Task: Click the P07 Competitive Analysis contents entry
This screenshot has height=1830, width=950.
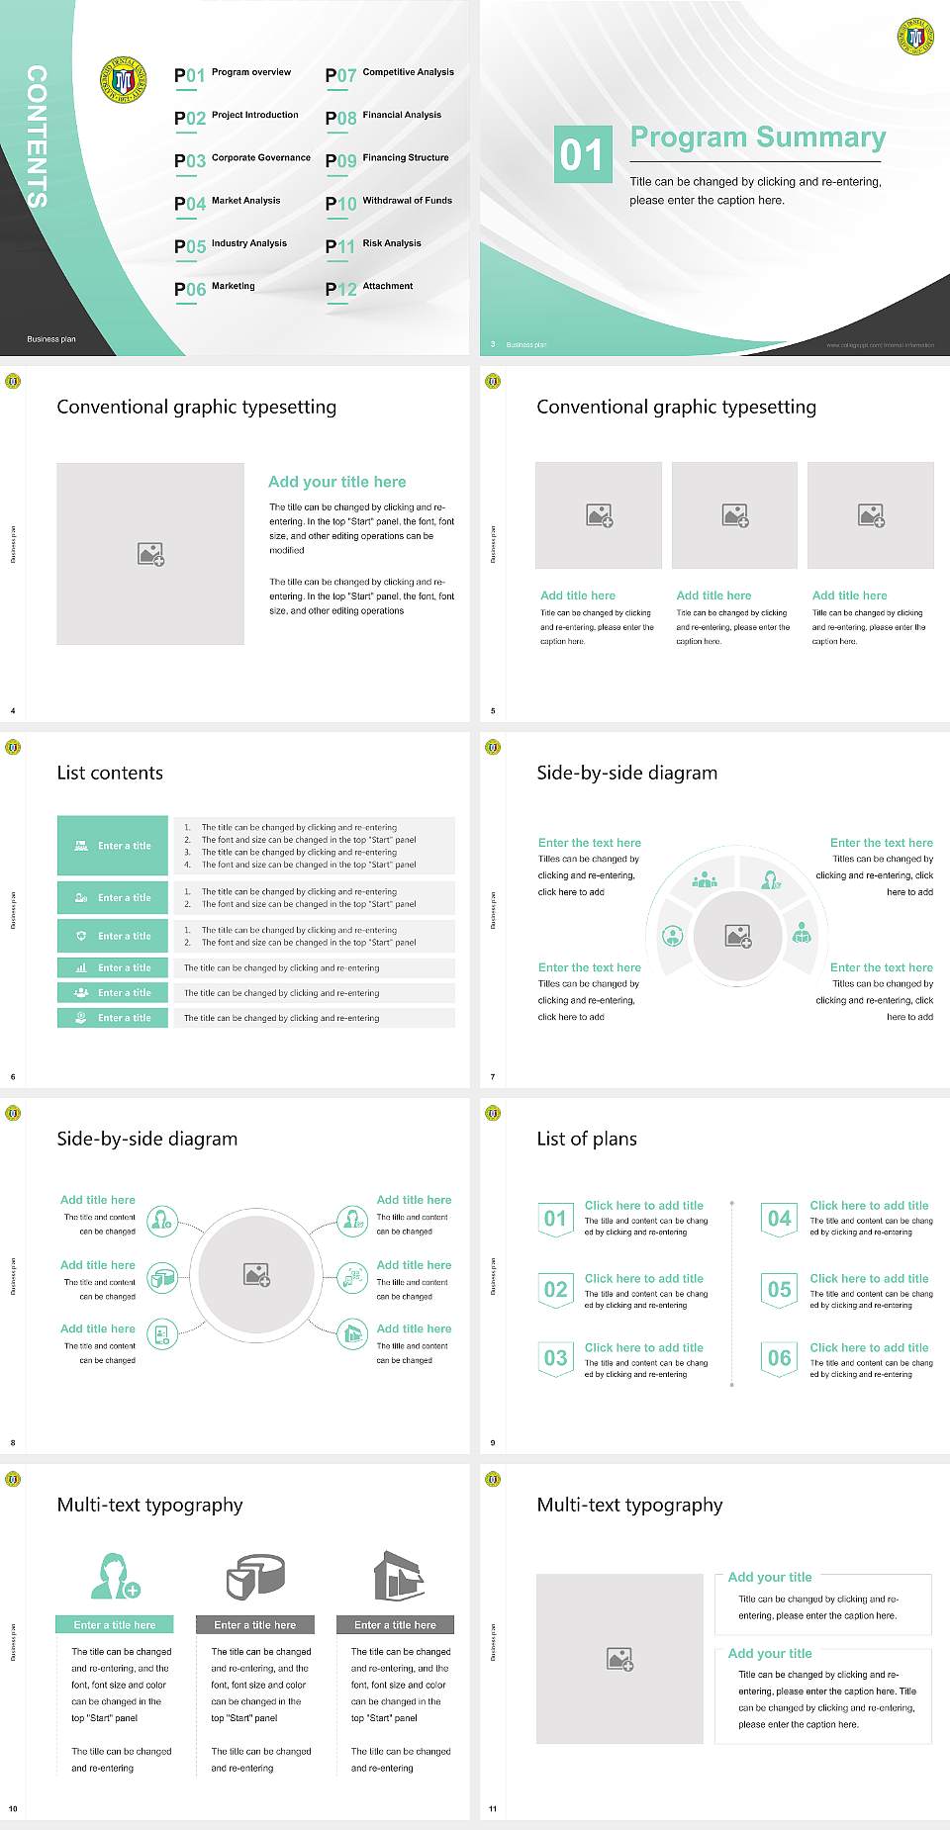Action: point(390,74)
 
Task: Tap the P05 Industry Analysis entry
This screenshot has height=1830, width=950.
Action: point(231,245)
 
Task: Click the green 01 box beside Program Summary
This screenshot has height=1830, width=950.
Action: point(581,153)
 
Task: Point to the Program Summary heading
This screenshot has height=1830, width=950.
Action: point(757,137)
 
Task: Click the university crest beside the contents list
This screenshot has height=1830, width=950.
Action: point(123,79)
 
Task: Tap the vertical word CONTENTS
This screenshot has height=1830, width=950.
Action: point(37,136)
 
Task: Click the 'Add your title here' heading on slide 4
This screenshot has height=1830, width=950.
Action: point(336,482)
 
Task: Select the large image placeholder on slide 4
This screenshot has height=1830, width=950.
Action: point(150,553)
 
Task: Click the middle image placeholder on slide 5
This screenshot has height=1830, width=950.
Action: point(734,514)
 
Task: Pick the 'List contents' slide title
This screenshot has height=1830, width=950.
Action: point(110,773)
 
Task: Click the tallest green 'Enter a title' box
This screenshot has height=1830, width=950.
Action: point(113,846)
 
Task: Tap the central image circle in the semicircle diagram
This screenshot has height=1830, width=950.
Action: point(737,936)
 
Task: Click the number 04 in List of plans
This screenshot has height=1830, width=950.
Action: point(780,1219)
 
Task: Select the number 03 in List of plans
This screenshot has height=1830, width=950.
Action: point(555,1358)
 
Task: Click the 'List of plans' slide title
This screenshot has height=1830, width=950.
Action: point(587,1139)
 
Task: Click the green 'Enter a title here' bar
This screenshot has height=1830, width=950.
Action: point(114,1624)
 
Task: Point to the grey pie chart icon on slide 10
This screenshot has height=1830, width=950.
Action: point(255,1576)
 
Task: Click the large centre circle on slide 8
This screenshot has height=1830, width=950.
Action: point(256,1274)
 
